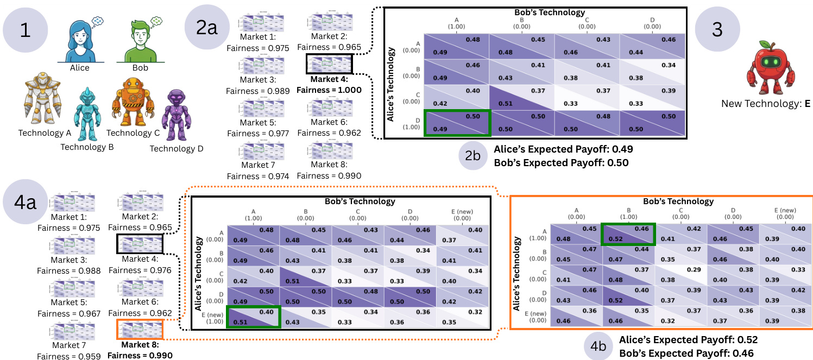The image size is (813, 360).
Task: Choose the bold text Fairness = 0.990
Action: [140, 356]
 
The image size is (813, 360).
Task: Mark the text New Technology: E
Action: [766, 103]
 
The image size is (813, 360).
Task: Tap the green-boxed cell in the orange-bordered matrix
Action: [628, 234]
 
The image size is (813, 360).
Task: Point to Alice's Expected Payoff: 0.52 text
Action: [688, 339]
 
